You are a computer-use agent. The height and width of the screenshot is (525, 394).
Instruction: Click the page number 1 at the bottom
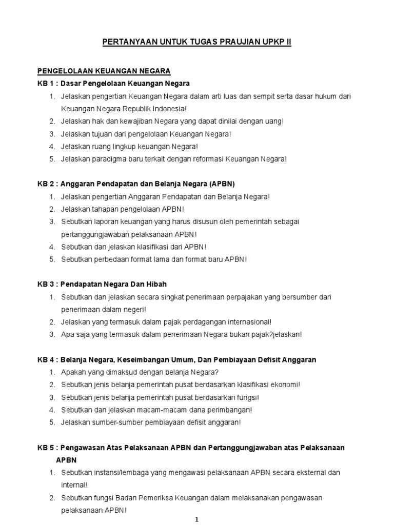(196, 519)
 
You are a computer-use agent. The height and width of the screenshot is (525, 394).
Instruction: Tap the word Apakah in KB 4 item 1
(72, 372)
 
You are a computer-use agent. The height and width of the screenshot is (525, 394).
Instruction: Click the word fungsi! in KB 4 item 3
(246, 397)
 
